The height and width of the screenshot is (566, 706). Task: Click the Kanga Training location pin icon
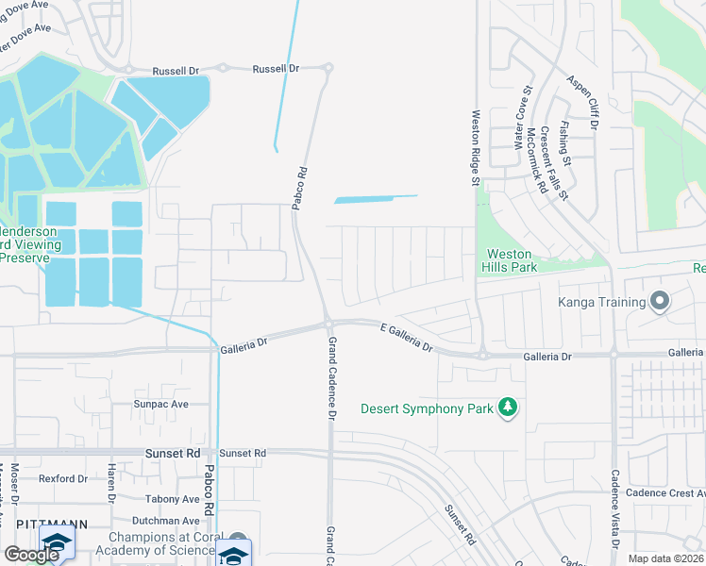[659, 302]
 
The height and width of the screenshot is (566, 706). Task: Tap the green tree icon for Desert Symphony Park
[509, 408]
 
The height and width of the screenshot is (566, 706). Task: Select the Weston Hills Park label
[509, 260]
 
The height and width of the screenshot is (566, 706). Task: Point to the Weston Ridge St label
[476, 145]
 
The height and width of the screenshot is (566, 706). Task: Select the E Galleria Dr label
[406, 336]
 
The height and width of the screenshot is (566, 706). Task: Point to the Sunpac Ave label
[162, 404]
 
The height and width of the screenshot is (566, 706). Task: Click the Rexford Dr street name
[63, 478]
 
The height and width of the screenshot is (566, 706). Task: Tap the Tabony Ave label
[173, 499]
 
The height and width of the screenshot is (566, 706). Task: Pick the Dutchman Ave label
[165, 520]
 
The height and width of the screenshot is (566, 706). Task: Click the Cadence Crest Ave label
[667, 493]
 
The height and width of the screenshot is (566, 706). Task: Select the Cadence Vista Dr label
[614, 509]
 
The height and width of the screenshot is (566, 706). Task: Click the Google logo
[31, 555]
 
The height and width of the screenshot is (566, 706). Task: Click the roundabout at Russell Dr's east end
[328, 68]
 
